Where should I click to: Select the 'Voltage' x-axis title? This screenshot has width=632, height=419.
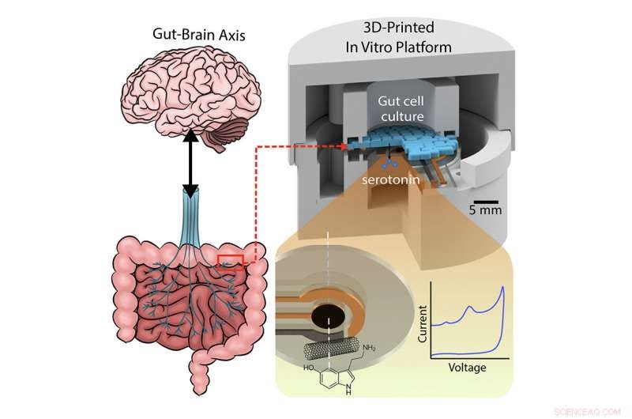467,368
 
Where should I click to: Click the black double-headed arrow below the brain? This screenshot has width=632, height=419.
190,166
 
